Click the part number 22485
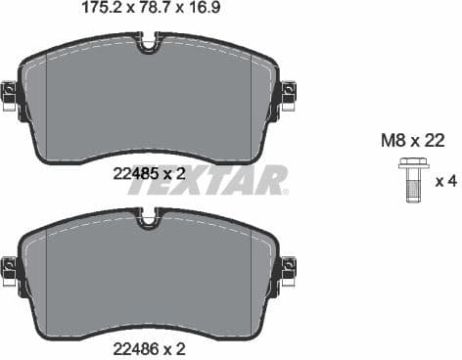point(134,174)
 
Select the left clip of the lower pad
point(10,266)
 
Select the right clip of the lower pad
point(288,266)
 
